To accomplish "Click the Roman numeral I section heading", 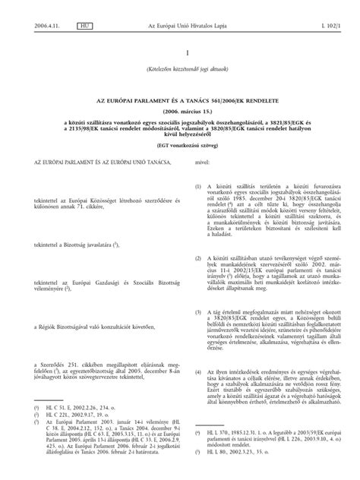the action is pyautogui.click(x=179, y=55).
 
